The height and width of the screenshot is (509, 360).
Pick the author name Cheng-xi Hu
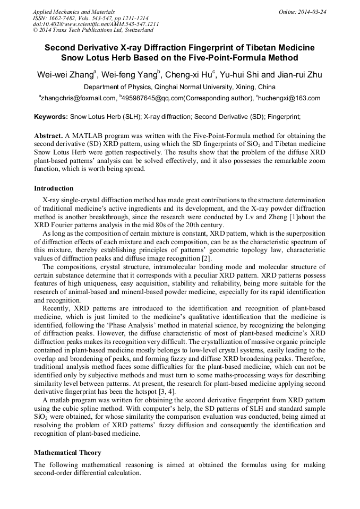click(190, 75)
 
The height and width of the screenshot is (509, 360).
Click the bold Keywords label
click(51, 116)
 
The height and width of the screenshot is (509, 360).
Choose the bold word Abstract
click(48, 136)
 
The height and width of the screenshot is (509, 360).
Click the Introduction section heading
click(54, 188)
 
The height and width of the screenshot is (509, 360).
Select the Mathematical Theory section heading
click(67, 453)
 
